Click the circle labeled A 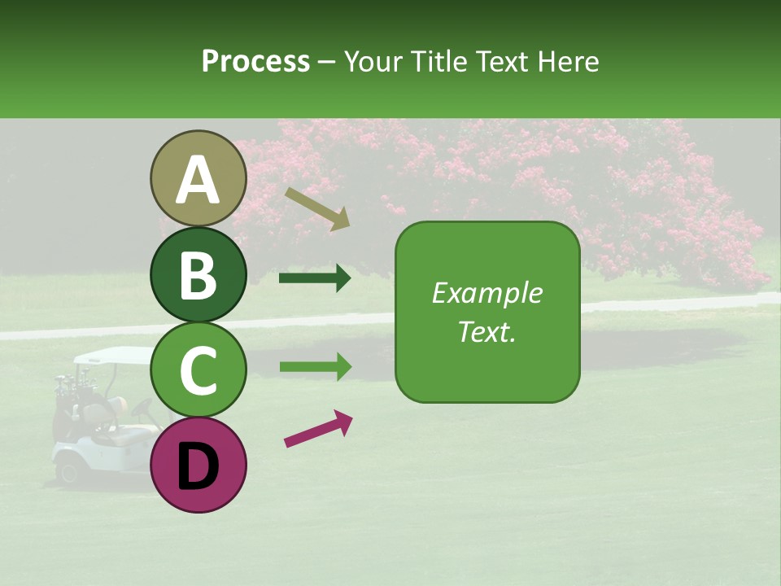pos(199,179)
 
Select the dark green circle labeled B pos(199,275)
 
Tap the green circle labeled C pos(199,370)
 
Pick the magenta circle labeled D pos(199,465)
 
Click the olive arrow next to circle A pos(317,208)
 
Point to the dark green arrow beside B pos(315,279)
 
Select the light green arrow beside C pos(315,367)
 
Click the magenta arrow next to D pos(318,429)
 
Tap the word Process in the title pos(255,61)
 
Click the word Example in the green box pos(486,293)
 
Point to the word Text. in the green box pos(486,331)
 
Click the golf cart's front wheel pos(68,470)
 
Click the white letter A pos(199,179)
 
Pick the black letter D pos(199,466)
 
